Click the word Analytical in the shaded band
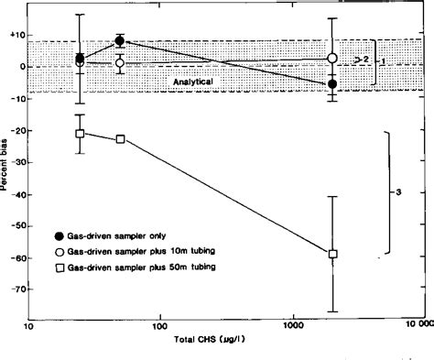(x=193, y=82)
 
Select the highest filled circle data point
(x=120, y=41)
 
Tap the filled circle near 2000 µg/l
(x=332, y=83)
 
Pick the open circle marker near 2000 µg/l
(x=332, y=58)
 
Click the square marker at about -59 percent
(x=333, y=254)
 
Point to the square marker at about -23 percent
(x=121, y=139)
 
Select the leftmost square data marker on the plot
(x=80, y=134)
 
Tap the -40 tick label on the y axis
(x=14, y=192)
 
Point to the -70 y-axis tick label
(x=14, y=287)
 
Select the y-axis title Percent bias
(x=5, y=161)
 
